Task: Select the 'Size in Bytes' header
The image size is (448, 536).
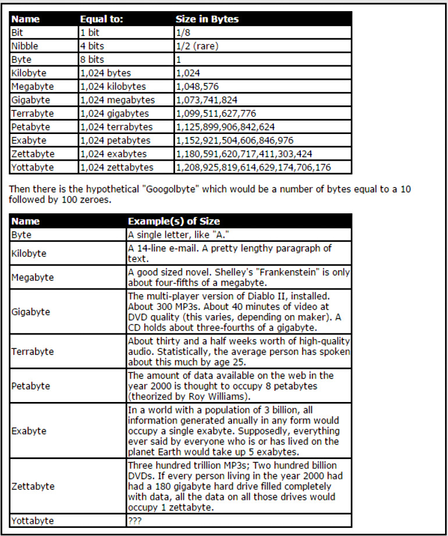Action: tap(207, 19)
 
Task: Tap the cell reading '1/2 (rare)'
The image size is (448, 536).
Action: tap(198, 46)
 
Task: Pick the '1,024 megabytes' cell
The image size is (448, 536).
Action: tap(118, 100)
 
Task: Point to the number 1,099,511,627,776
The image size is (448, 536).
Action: tap(215, 114)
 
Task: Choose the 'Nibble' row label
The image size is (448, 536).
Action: tap(24, 46)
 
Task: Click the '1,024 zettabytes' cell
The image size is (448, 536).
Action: tap(117, 167)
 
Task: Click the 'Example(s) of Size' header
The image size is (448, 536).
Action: tap(174, 221)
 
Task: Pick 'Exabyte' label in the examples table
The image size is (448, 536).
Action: tap(29, 432)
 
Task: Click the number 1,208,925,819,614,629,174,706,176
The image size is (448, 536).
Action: tap(252, 167)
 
